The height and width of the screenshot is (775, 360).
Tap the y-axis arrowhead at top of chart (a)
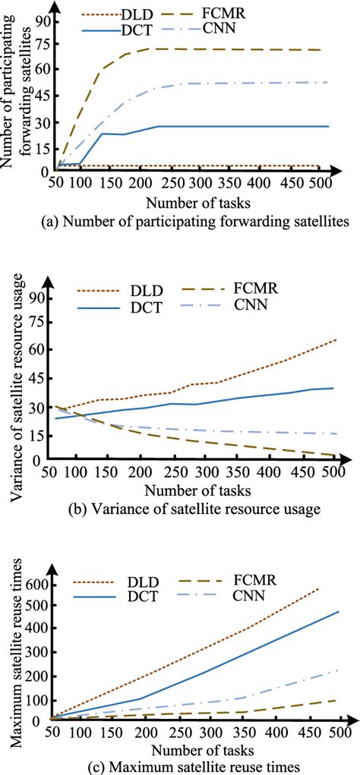pos(53,5)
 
